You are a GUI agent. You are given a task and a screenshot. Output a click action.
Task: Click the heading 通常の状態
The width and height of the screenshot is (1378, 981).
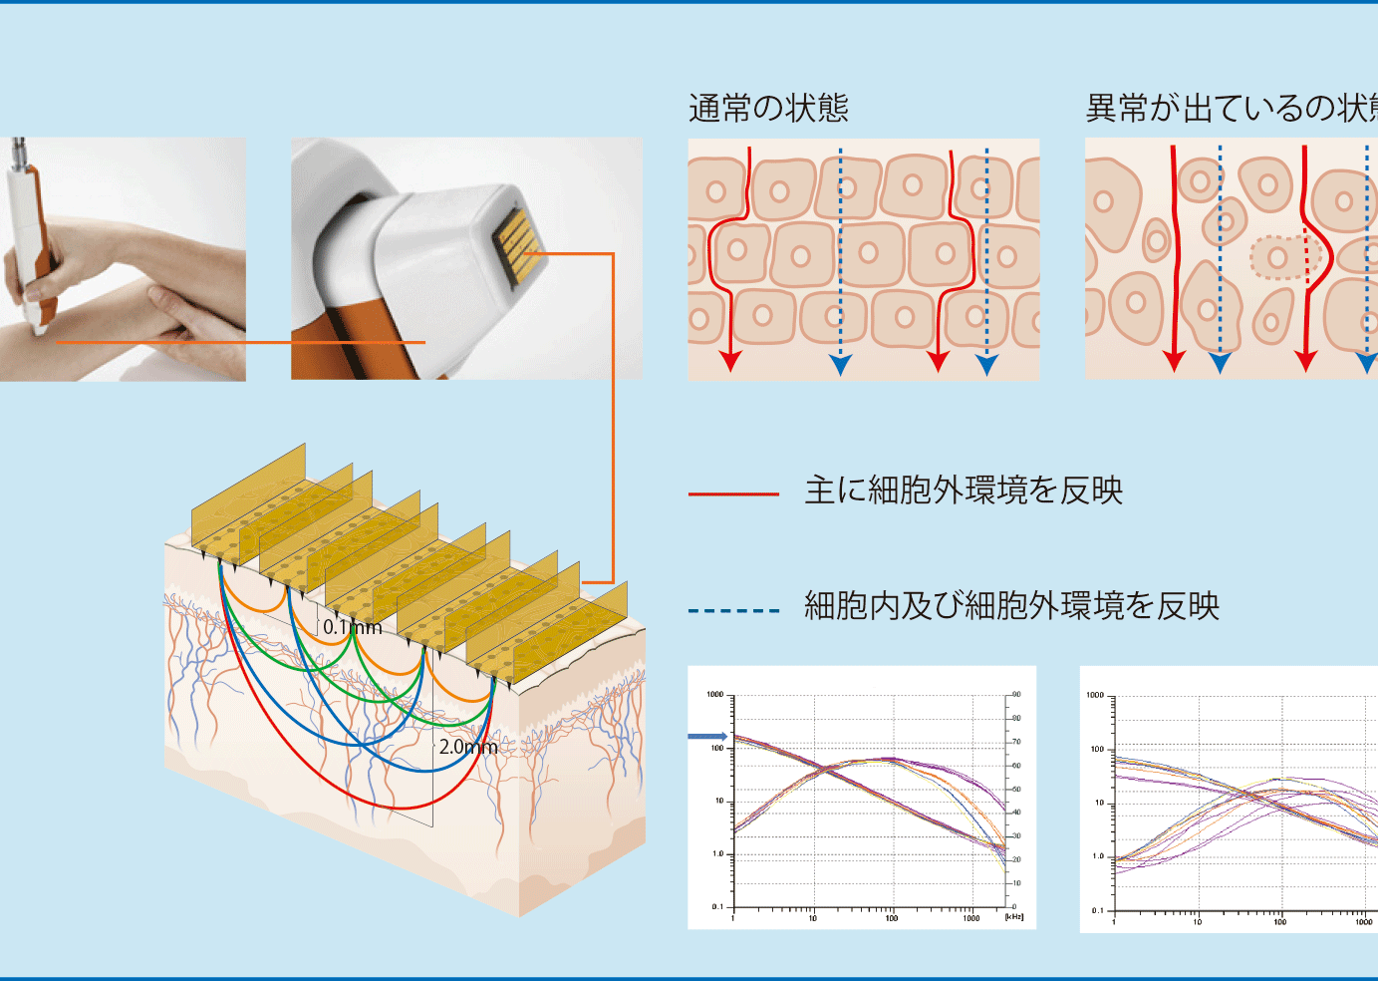tap(768, 108)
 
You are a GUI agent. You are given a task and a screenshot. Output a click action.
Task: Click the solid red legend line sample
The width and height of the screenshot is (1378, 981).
tap(733, 493)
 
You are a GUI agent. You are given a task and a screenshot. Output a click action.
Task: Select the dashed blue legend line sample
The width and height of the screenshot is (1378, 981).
tap(733, 610)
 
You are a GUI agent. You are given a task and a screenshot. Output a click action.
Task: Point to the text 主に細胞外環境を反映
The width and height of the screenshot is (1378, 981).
tap(964, 490)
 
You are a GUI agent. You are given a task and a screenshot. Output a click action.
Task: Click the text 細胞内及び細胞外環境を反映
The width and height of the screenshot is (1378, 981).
tap(1011, 606)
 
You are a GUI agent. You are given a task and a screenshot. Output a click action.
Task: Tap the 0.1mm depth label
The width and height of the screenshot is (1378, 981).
tap(352, 627)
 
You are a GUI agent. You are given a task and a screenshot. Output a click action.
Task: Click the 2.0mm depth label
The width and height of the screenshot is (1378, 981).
tap(467, 747)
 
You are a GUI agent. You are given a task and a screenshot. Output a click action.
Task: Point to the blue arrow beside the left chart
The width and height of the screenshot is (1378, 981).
tap(707, 737)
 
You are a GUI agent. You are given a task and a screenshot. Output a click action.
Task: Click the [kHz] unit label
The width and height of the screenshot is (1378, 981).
tap(1013, 917)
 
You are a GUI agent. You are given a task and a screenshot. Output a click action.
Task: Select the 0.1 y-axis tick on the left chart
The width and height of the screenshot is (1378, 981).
tap(717, 906)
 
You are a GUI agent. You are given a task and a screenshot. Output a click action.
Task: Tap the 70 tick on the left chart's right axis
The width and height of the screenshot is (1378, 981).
tap(1016, 742)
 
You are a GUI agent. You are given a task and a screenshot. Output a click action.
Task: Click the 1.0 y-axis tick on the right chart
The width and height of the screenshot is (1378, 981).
tap(1098, 856)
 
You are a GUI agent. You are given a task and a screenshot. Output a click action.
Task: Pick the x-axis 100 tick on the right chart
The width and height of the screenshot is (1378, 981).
tap(1279, 922)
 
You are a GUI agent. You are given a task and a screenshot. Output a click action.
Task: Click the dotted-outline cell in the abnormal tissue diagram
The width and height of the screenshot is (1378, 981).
tap(1279, 258)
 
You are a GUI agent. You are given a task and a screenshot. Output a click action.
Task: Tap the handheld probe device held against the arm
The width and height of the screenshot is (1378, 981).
tap(25, 239)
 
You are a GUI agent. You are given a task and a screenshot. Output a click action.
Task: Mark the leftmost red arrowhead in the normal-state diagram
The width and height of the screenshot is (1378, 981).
tap(730, 361)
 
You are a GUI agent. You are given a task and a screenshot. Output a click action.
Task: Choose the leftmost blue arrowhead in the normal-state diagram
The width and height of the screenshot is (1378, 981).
tap(840, 365)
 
